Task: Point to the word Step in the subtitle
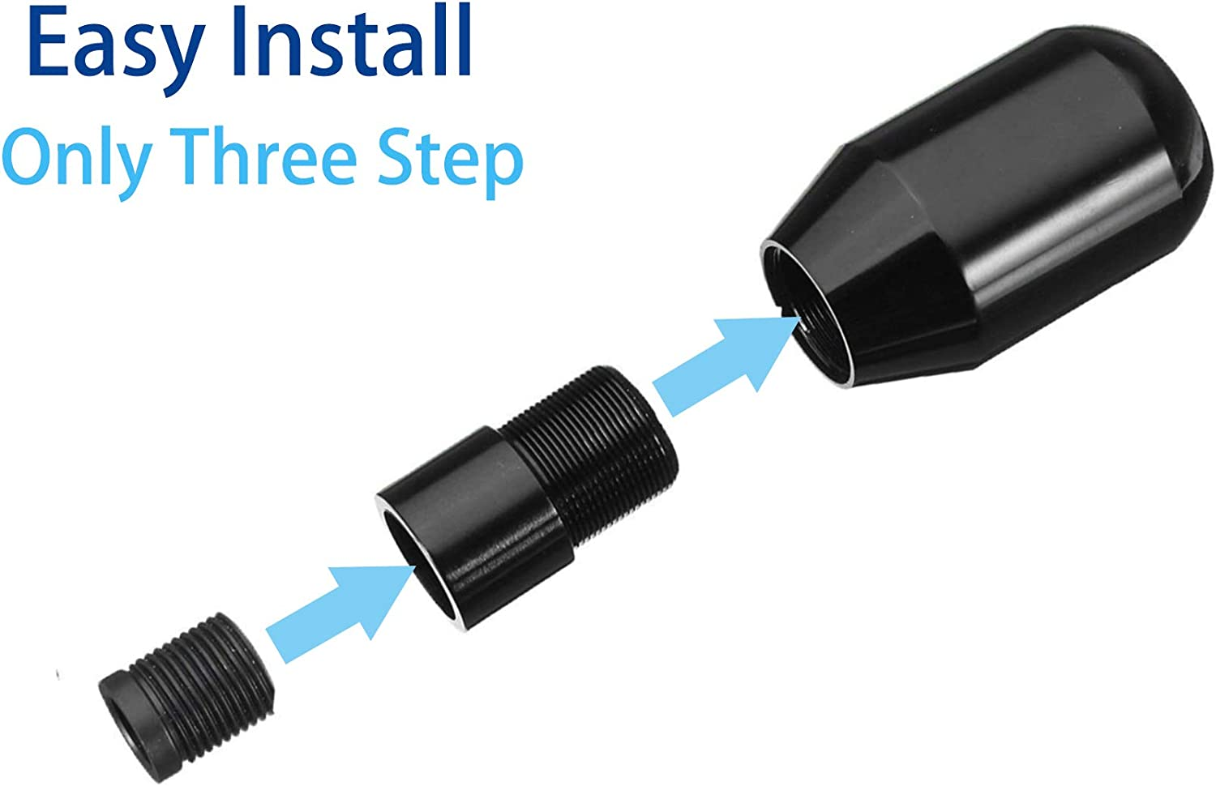[x=450, y=162]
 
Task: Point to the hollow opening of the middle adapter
[x=421, y=567]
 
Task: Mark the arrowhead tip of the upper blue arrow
[x=801, y=318]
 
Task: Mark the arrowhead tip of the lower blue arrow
[x=416, y=566]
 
